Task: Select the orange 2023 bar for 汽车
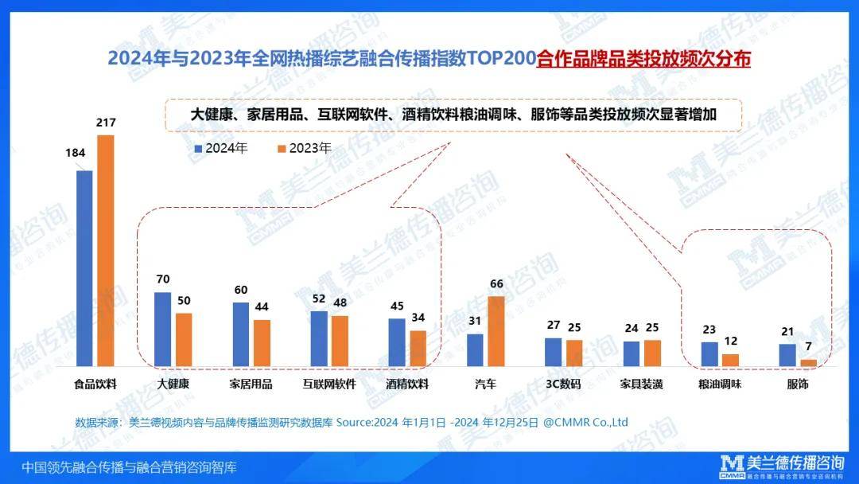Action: (496, 331)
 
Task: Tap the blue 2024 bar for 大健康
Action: (162, 329)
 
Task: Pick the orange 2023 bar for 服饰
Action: (808, 362)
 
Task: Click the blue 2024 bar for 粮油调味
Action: (709, 354)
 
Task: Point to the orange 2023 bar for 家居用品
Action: (262, 342)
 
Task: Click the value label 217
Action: (106, 123)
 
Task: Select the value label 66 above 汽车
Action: (496, 284)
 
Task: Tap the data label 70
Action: (163, 279)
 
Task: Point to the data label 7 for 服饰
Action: (808, 347)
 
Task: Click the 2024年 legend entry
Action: (222, 148)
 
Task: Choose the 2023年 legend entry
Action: (304, 148)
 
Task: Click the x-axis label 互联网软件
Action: (329, 384)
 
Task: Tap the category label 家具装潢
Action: (641, 384)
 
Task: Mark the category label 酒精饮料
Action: (407, 384)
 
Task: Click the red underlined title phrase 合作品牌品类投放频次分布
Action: (643, 60)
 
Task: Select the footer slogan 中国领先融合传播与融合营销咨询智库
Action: (129, 466)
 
